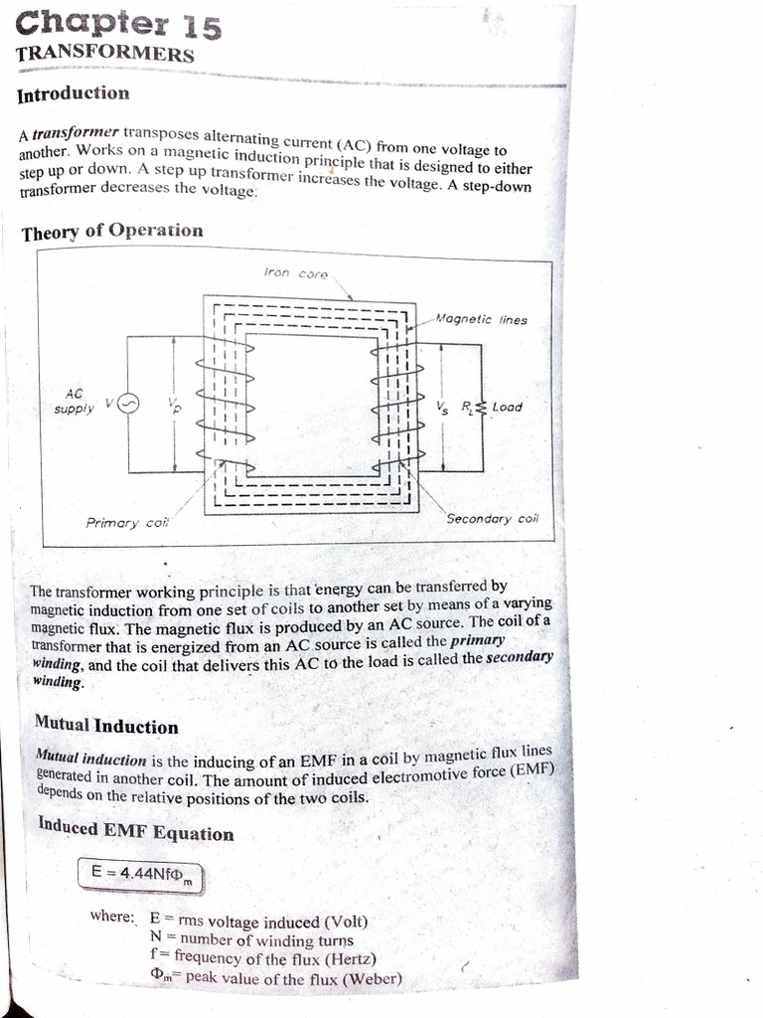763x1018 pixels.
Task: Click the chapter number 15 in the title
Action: point(199,27)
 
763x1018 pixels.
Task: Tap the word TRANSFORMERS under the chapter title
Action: point(104,54)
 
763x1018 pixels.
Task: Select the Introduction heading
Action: point(74,93)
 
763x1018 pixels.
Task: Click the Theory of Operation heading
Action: point(111,232)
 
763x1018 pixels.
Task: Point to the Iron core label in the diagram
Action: point(296,272)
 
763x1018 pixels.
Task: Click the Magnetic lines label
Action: point(482,320)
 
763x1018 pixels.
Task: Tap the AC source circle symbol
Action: point(130,403)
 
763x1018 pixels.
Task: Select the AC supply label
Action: point(76,401)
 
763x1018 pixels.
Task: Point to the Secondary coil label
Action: point(492,518)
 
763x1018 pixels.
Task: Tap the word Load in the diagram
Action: point(507,407)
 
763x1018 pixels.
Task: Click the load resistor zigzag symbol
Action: point(481,407)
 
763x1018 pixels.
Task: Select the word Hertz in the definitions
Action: point(346,958)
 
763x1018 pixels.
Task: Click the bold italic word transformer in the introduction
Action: point(76,132)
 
